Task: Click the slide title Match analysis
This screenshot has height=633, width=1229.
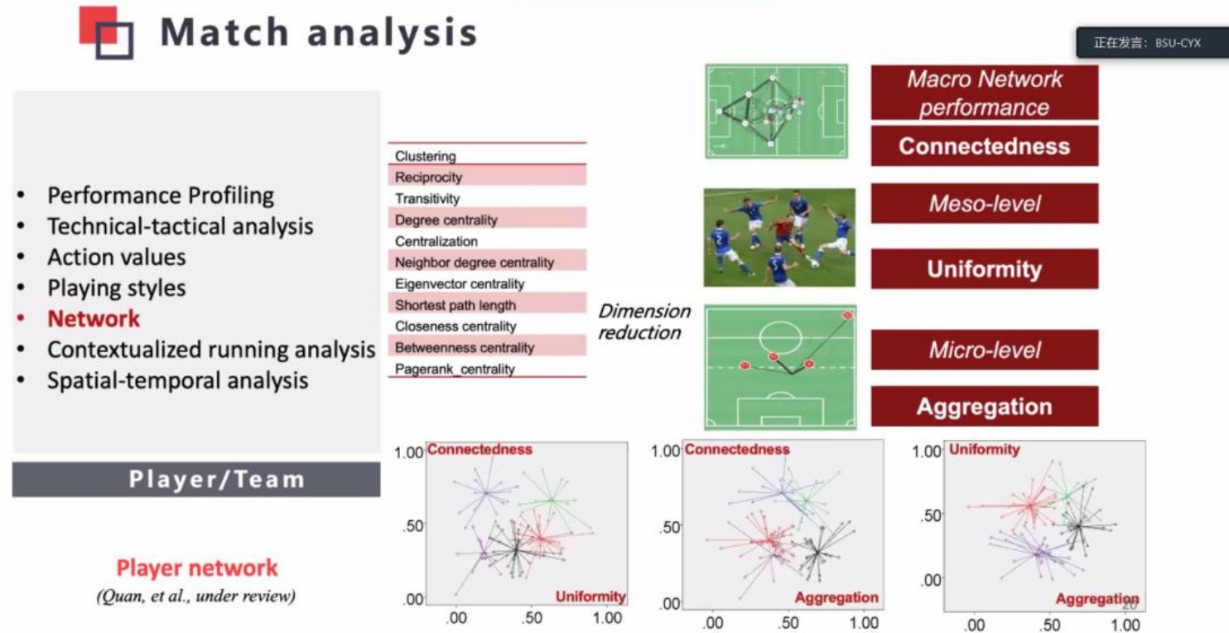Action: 318,31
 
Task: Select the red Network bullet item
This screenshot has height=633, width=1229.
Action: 94,318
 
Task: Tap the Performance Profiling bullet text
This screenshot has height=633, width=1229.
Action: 160,196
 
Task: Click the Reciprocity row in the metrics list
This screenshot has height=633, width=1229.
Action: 487,176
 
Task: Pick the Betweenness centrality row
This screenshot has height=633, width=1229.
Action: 487,347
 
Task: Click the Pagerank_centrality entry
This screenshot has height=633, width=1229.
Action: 455,369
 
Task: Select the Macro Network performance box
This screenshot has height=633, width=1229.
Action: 985,93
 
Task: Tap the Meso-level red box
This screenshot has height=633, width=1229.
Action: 985,203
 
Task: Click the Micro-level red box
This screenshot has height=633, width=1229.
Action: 985,350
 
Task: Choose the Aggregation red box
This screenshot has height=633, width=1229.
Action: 985,406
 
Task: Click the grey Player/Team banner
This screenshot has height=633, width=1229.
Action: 196,479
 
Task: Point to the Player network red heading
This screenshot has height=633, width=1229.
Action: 197,568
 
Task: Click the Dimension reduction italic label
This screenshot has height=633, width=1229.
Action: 644,321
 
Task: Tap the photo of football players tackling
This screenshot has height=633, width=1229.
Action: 779,237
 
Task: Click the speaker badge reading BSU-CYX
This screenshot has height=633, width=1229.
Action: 1151,43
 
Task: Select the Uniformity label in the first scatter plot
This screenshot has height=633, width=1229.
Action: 590,597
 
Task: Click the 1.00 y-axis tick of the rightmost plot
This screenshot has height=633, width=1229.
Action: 927,452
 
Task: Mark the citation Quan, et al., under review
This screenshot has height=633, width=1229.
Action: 196,596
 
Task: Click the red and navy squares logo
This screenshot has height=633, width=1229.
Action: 107,32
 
